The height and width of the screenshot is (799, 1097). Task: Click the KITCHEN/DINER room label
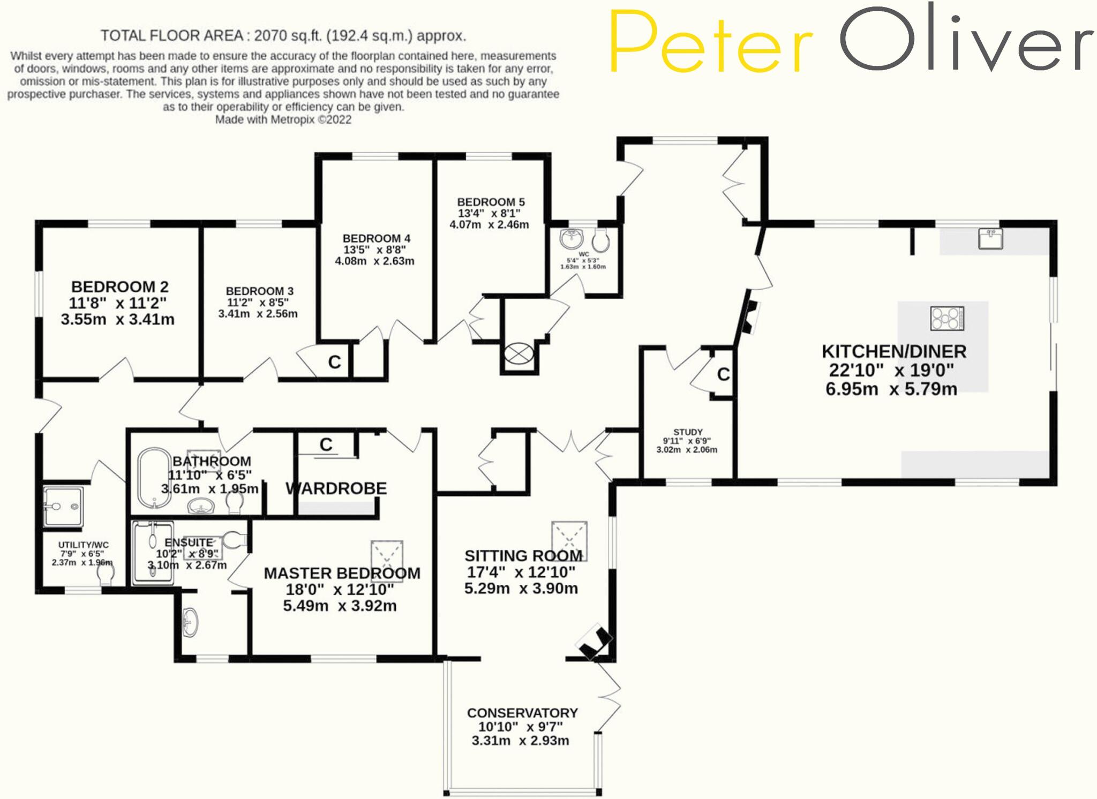click(894, 352)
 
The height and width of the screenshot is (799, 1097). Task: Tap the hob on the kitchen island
click(947, 318)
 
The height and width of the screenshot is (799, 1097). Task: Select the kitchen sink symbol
click(990, 239)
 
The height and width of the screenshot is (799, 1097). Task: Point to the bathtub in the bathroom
click(154, 478)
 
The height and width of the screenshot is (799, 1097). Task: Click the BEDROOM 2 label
click(119, 287)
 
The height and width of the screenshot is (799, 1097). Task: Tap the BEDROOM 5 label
click(491, 202)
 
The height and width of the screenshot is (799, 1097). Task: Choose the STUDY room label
click(688, 432)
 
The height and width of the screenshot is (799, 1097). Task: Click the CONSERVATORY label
click(522, 713)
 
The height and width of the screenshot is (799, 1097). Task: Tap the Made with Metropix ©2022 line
click(283, 119)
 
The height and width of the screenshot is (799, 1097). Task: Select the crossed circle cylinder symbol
click(519, 353)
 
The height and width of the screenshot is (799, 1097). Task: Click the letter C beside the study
click(723, 374)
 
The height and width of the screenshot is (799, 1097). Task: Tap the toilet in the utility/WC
click(106, 574)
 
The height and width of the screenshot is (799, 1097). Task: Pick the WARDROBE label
click(336, 488)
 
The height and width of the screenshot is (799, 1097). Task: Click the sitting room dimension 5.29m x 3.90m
click(521, 589)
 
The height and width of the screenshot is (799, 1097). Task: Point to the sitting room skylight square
click(569, 540)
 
